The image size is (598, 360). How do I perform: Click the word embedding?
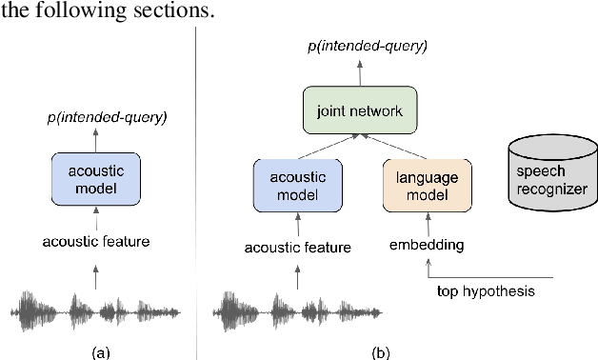point(426,245)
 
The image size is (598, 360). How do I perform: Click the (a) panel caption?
point(99,351)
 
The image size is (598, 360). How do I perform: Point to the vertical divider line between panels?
point(195,190)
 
